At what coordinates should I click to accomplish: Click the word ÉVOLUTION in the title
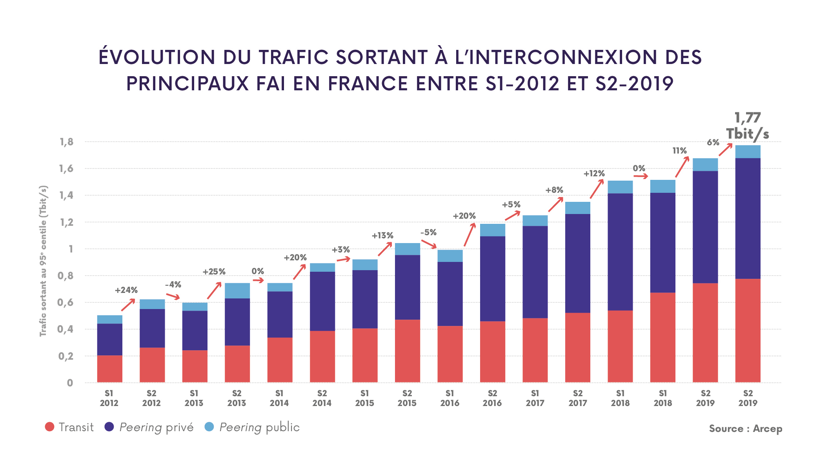[x=157, y=57]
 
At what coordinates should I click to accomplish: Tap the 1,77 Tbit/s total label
[x=747, y=126]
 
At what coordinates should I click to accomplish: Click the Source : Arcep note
[x=745, y=428]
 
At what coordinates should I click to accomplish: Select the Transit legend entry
[x=69, y=427]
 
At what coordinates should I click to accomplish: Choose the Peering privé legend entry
[x=149, y=427]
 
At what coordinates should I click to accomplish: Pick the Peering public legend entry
[x=252, y=427]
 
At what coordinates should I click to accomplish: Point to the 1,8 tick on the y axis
[x=67, y=142]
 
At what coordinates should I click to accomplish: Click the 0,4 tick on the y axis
[x=66, y=329]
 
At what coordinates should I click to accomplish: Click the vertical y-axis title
[x=43, y=261]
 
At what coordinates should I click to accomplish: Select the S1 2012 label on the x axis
[x=109, y=398]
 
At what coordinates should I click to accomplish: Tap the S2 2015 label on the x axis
[x=407, y=398]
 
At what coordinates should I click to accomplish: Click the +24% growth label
[x=126, y=290]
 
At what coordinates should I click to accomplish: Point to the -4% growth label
[x=173, y=285]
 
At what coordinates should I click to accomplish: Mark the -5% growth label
[x=428, y=232]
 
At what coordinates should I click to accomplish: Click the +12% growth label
[x=594, y=173]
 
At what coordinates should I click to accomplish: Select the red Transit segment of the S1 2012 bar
[x=110, y=369]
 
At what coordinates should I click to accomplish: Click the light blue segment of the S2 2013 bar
[x=237, y=291]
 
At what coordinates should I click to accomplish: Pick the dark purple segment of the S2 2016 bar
[x=493, y=279]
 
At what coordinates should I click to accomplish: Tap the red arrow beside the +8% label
[x=556, y=204]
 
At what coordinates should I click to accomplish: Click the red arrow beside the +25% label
[x=214, y=290]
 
